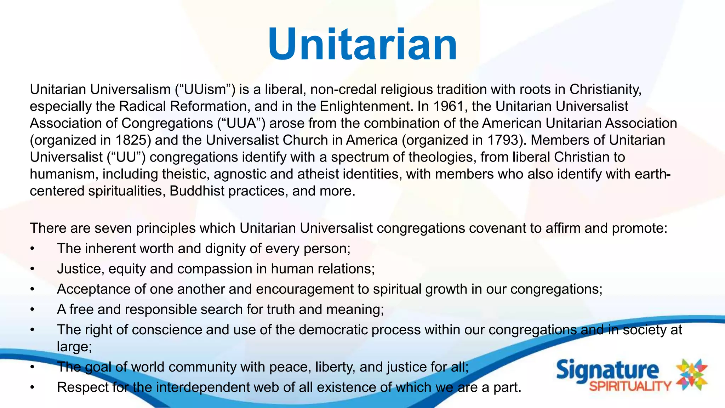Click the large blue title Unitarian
[x=362, y=45]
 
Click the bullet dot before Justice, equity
[x=32, y=269]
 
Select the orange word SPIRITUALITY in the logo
[x=630, y=386]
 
